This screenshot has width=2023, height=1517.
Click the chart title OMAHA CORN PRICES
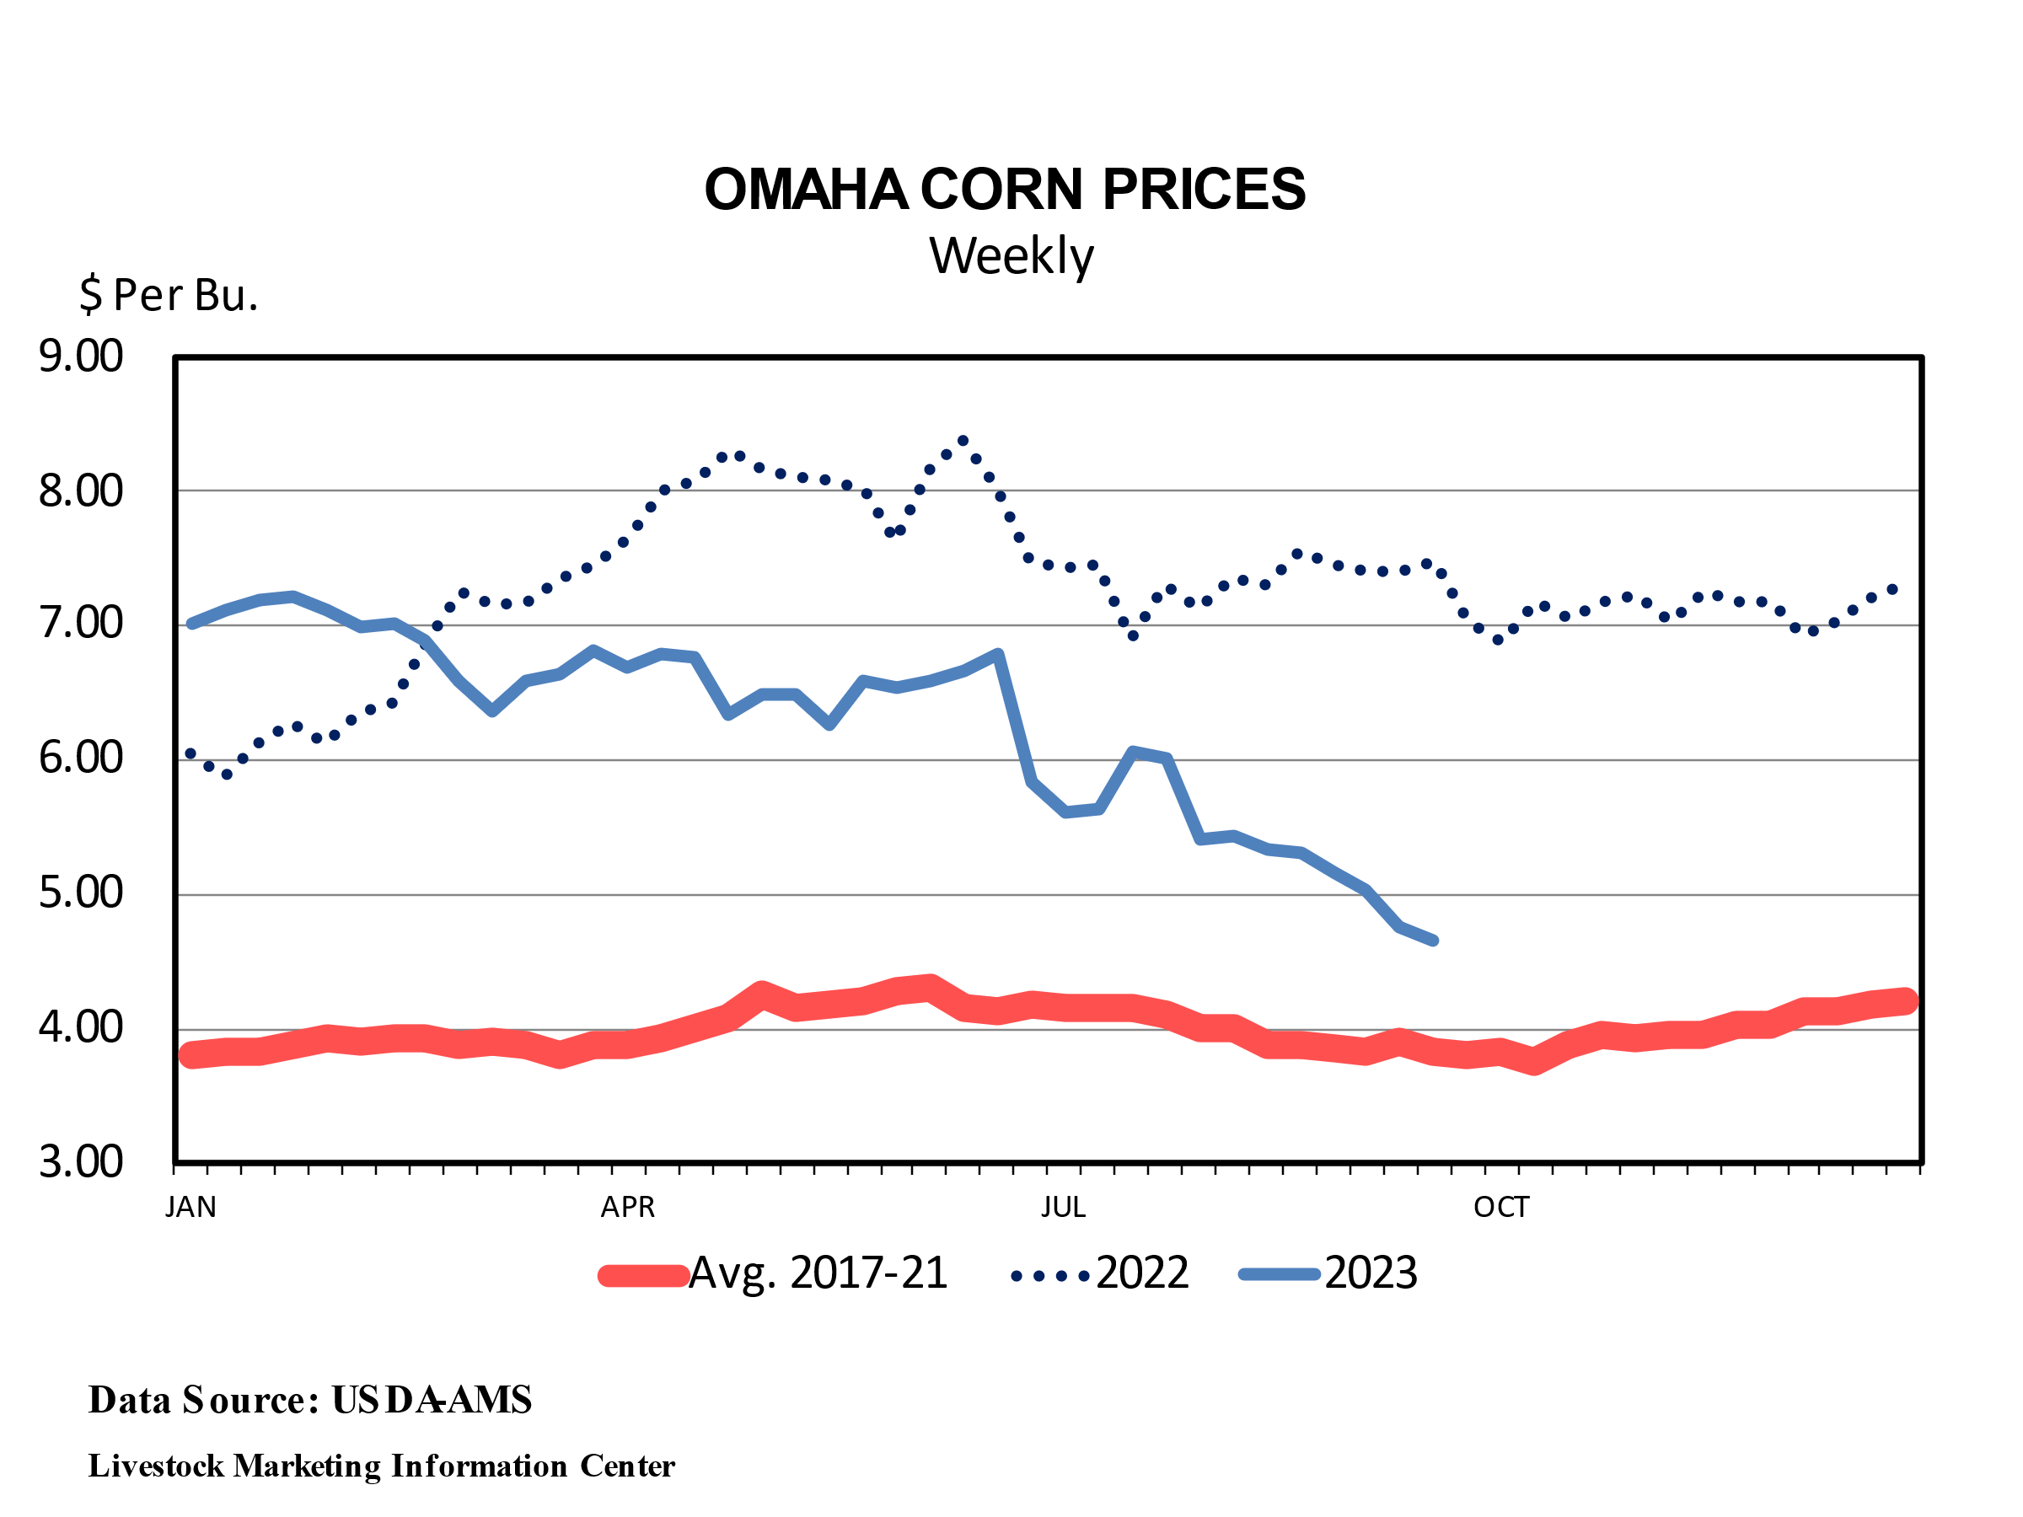coord(1004,190)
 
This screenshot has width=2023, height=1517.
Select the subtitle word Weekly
coord(1011,256)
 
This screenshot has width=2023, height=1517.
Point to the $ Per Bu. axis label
coord(169,294)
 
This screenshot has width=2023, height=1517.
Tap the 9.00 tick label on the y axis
coord(80,356)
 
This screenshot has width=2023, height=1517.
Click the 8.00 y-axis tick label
coord(80,491)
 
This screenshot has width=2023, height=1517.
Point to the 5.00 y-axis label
coord(80,893)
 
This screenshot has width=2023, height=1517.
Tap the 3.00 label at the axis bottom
coord(80,1161)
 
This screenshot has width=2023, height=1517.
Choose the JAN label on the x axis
coord(190,1208)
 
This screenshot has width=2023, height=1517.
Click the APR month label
coord(627,1208)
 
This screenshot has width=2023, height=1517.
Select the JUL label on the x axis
coord(1063,1208)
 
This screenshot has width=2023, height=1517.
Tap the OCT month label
coord(1500,1208)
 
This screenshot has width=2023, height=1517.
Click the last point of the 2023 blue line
coord(1433,940)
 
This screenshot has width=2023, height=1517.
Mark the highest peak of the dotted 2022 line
coord(963,441)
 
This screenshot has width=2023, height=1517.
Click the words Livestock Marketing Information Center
coord(381,1466)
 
